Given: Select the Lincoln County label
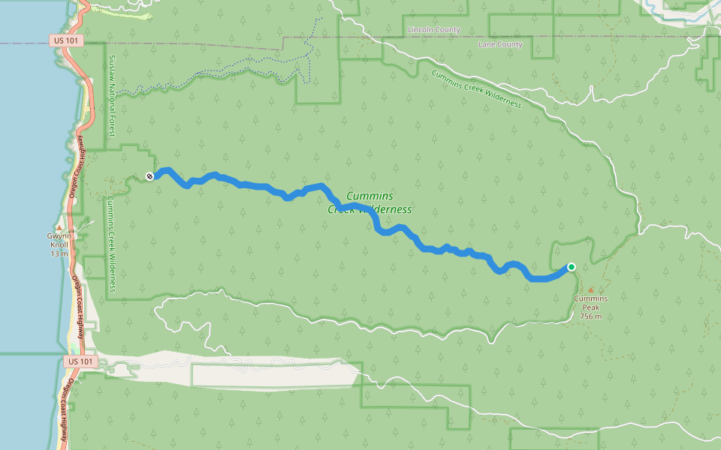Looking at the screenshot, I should coord(433,30).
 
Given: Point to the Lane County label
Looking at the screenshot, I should coord(500,45).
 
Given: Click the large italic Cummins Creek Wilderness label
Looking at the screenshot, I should coord(370,202).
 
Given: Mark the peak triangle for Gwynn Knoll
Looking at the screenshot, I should coord(59,226).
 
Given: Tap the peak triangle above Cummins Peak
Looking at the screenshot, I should coord(590,289).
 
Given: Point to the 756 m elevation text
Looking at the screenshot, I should coord(591,316).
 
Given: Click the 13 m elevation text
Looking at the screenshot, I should coord(59,254).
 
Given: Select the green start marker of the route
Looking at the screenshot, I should coord(572,267).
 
